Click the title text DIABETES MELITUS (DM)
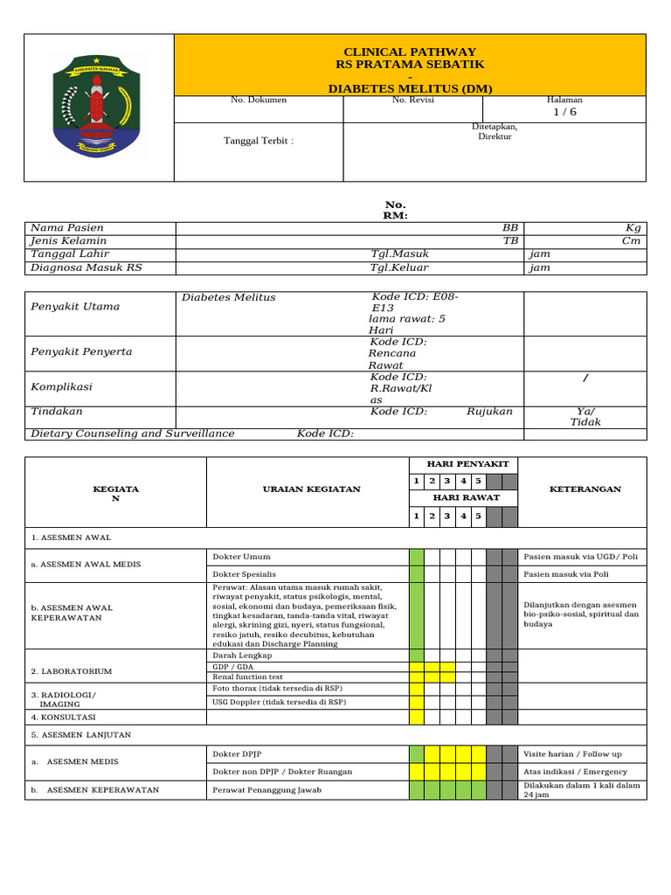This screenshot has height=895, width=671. click(x=410, y=89)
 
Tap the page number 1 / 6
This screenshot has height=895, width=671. click(x=564, y=113)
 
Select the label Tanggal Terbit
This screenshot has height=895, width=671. click(x=259, y=141)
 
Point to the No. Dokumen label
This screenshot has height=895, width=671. click(x=259, y=101)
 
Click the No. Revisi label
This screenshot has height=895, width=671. click(x=413, y=101)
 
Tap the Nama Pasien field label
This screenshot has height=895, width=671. click(x=66, y=227)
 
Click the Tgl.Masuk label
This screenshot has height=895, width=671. click(x=399, y=254)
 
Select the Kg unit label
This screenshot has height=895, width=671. click(x=633, y=227)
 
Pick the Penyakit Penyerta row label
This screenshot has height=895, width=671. click(x=81, y=351)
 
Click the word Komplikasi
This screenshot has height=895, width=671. click(x=61, y=386)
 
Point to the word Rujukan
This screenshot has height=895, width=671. click(x=489, y=411)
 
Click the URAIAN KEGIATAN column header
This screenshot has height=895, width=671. click(x=311, y=489)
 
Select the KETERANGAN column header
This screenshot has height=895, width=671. click(x=585, y=489)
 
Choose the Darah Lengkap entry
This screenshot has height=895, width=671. click(x=243, y=655)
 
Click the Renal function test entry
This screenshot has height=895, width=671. click(x=248, y=676)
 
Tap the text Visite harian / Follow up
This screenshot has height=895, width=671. click(x=572, y=753)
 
